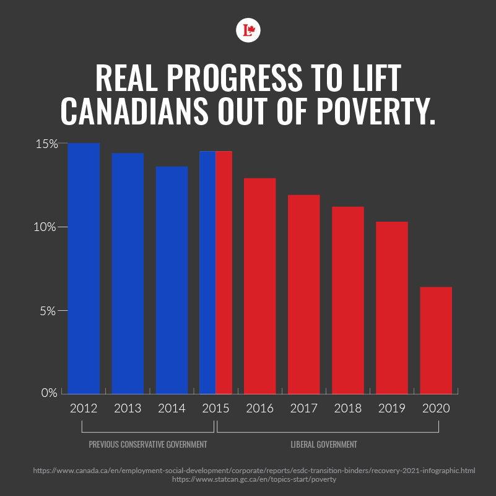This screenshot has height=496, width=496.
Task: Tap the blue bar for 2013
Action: [128, 273]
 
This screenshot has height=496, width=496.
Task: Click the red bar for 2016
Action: [259, 285]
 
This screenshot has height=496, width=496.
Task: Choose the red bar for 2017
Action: [303, 294]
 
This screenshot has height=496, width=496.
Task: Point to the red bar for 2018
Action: [348, 300]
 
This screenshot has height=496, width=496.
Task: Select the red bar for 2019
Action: [392, 307]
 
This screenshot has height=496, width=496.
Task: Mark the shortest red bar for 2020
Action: [436, 340]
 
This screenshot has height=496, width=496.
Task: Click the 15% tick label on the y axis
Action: [46, 144]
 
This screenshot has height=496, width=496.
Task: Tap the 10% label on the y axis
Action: [46, 227]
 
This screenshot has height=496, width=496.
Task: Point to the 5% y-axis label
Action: [49, 310]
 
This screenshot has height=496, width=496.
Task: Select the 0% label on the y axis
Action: [49, 393]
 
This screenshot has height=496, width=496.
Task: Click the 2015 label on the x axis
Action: [215, 409]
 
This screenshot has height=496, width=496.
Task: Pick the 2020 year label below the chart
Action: [436, 409]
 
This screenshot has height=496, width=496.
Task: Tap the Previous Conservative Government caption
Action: [147, 445]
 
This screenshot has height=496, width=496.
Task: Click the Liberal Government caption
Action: [323, 445]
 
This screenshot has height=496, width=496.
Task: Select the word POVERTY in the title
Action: [371, 110]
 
